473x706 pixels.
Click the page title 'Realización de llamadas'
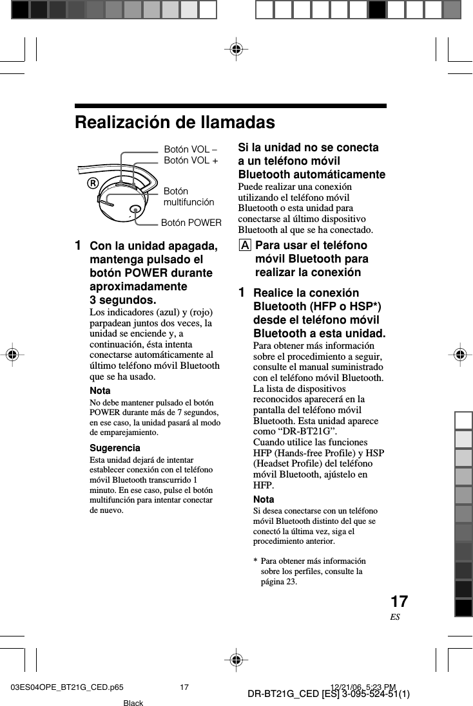(175, 122)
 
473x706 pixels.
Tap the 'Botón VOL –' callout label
(191, 149)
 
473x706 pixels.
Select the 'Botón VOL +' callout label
(191, 160)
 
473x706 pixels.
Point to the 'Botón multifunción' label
(188, 197)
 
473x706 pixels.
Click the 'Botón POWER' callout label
(191, 223)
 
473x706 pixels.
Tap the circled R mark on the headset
(93, 182)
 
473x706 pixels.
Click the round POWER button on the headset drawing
(135, 209)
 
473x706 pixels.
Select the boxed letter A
(244, 246)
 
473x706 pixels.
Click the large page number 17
(399, 602)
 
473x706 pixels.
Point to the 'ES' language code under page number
(394, 617)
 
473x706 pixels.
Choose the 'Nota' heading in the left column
(99, 391)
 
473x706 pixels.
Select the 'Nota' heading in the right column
(264, 499)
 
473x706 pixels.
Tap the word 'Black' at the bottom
(133, 702)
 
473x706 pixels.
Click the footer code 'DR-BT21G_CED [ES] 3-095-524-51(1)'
(329, 694)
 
